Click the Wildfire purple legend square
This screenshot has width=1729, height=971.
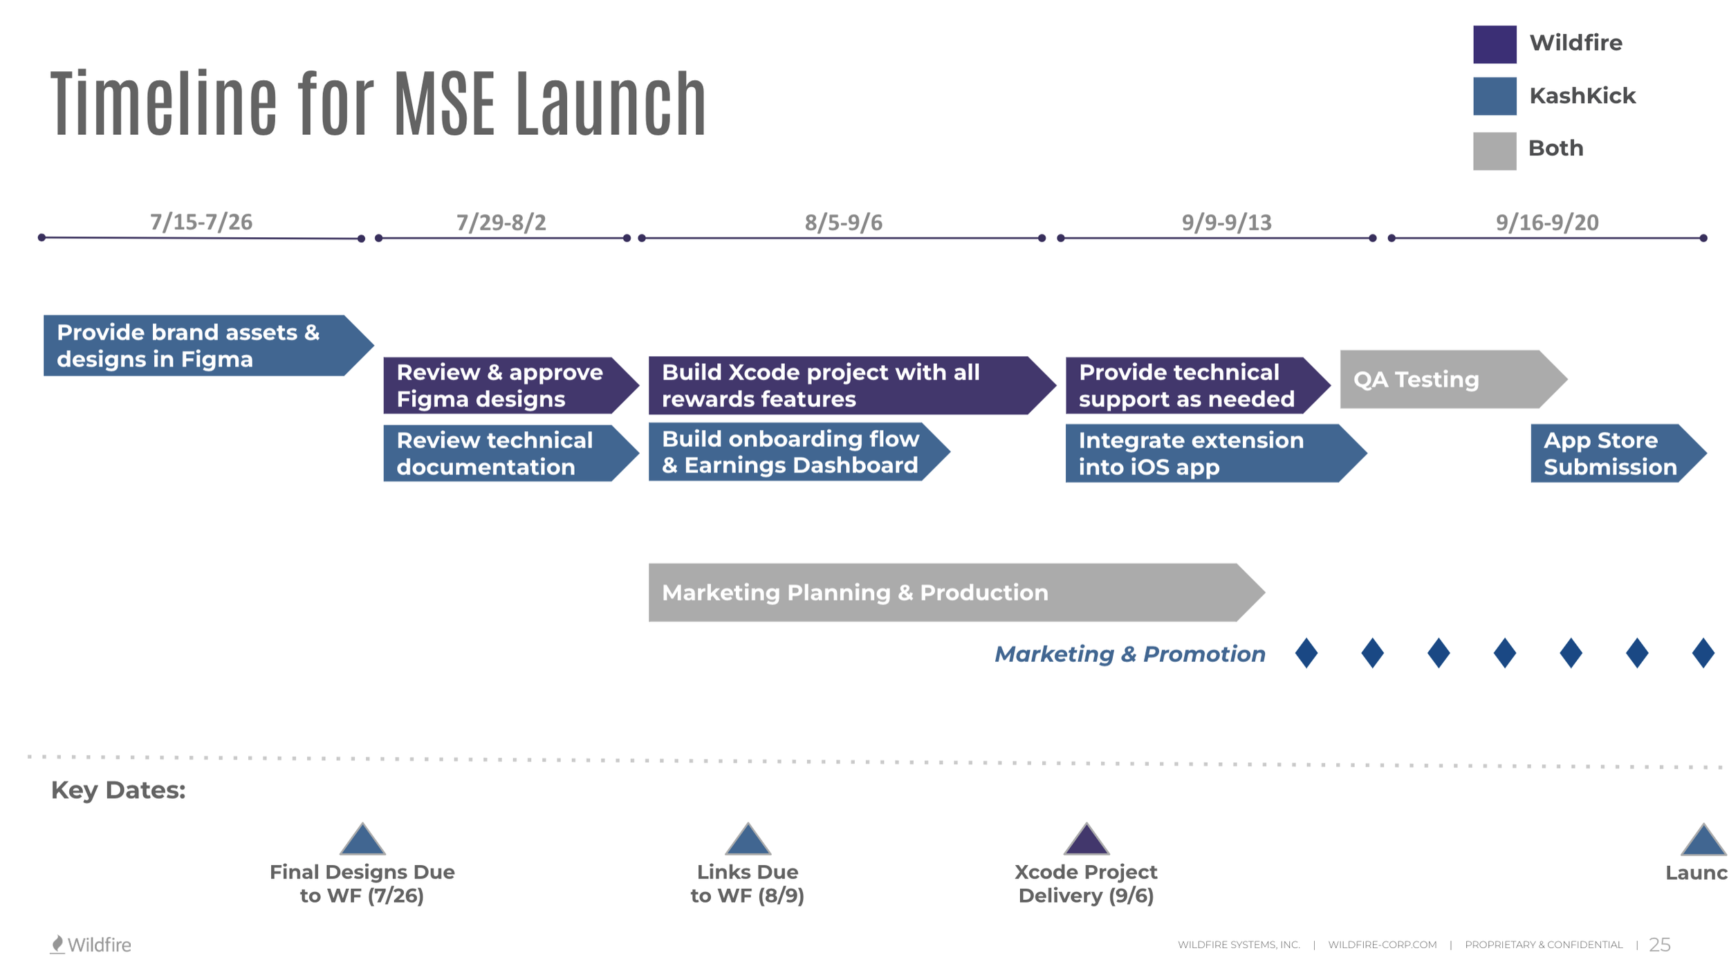(x=1494, y=44)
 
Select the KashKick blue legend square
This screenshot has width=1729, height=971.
(x=1494, y=96)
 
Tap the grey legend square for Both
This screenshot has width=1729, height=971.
(x=1494, y=151)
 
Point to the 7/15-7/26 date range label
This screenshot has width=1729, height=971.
(x=201, y=222)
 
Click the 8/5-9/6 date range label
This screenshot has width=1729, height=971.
(x=843, y=223)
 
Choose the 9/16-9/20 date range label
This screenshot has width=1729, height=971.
(x=1546, y=223)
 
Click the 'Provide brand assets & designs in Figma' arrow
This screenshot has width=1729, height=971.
(x=201, y=346)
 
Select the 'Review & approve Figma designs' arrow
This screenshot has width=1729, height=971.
(x=505, y=386)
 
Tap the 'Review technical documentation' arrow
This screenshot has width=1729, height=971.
(x=505, y=454)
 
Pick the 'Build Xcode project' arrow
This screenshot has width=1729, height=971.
(x=844, y=386)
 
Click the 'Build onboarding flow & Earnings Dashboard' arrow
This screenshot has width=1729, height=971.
(x=792, y=452)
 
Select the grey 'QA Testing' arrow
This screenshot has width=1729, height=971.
(x=1445, y=380)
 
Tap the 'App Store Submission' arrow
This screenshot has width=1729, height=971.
(x=1611, y=454)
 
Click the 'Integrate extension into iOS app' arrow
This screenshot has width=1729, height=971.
(x=1207, y=454)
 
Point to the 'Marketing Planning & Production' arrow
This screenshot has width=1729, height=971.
(x=947, y=593)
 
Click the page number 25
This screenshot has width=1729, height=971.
(x=1659, y=945)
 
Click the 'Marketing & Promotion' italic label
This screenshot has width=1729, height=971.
(x=1129, y=654)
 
